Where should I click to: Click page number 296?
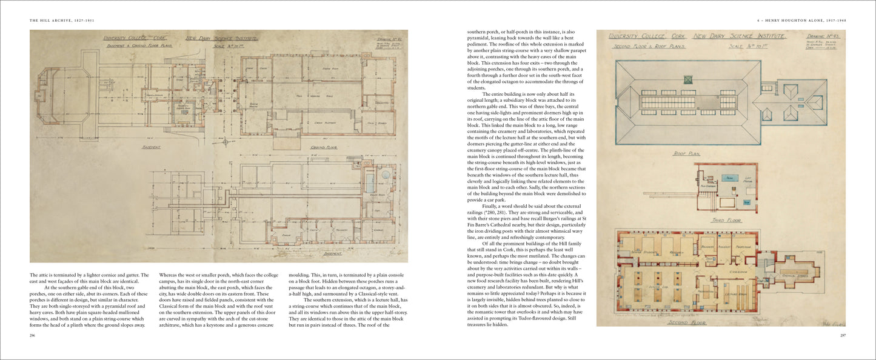(x=33, y=335)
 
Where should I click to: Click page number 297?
(x=842, y=335)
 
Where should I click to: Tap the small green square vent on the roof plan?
(x=688, y=79)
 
